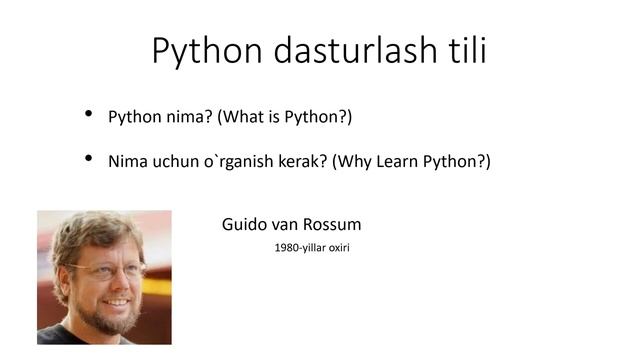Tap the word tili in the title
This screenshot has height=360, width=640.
(464, 49)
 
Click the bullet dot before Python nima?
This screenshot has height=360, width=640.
(90, 116)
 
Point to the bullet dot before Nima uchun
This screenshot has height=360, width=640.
(90, 159)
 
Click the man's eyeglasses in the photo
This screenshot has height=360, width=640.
(106, 270)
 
